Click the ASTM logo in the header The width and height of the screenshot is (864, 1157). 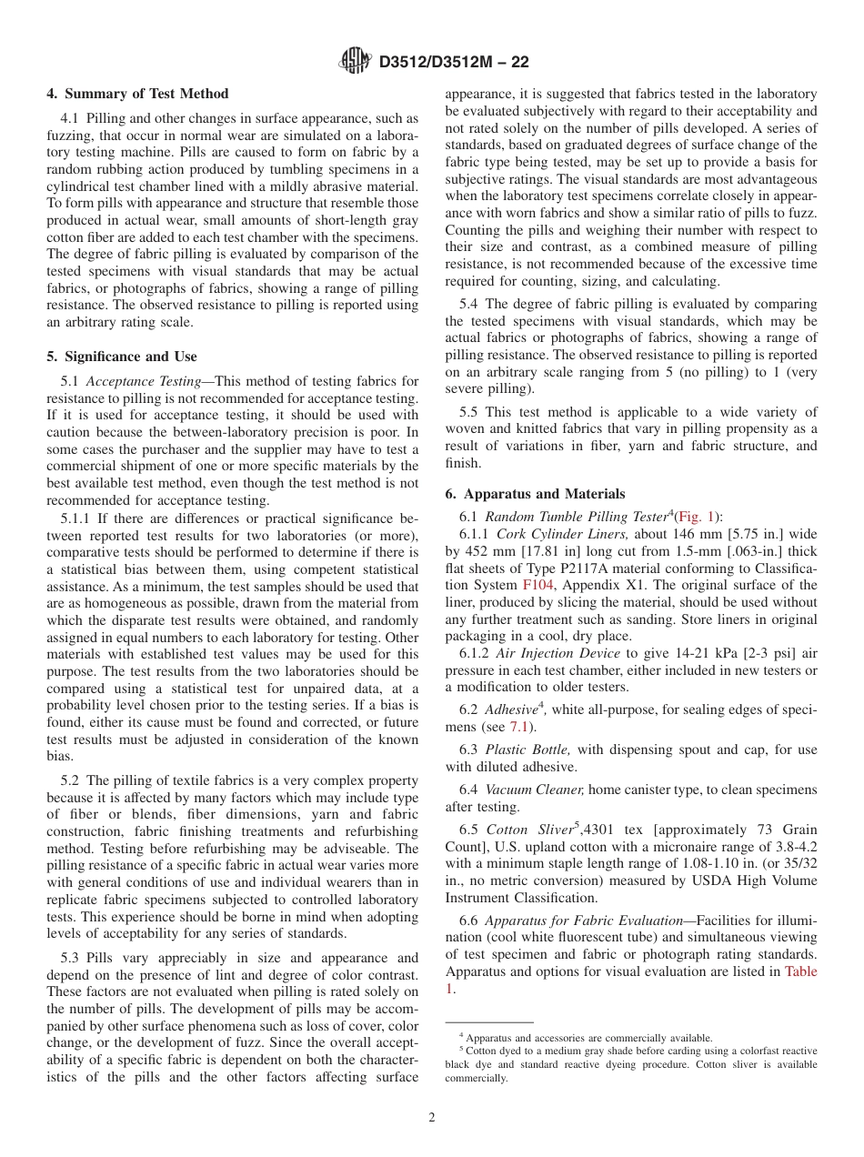coord(356,62)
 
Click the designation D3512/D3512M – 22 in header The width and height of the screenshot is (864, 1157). coord(453,63)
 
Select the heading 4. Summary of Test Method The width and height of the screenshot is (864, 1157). coord(137,94)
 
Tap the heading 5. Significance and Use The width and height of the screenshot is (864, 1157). coord(121,357)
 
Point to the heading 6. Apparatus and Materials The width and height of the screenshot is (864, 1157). coord(535,494)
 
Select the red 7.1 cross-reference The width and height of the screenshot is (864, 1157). coord(520,727)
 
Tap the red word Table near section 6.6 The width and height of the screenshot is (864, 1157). coord(800,971)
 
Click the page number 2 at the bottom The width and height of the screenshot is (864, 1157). coord(432,1118)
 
